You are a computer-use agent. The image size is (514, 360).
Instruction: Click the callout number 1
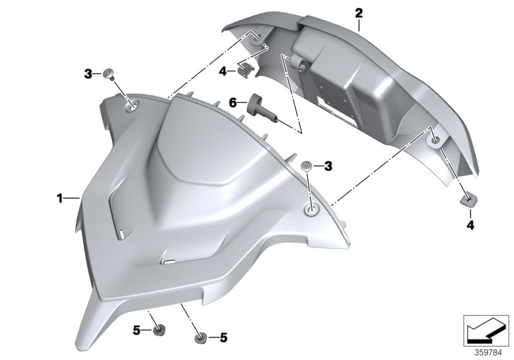click(x=59, y=199)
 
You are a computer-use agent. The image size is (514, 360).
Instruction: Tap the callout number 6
click(x=234, y=102)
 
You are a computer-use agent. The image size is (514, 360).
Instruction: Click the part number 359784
click(x=487, y=351)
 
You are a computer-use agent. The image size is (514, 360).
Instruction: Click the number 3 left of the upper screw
click(x=89, y=74)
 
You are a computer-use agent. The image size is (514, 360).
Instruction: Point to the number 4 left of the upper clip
click(x=222, y=71)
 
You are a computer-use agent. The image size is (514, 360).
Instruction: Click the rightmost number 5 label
click(x=224, y=336)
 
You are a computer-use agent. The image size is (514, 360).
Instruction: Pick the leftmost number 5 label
click(x=136, y=331)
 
